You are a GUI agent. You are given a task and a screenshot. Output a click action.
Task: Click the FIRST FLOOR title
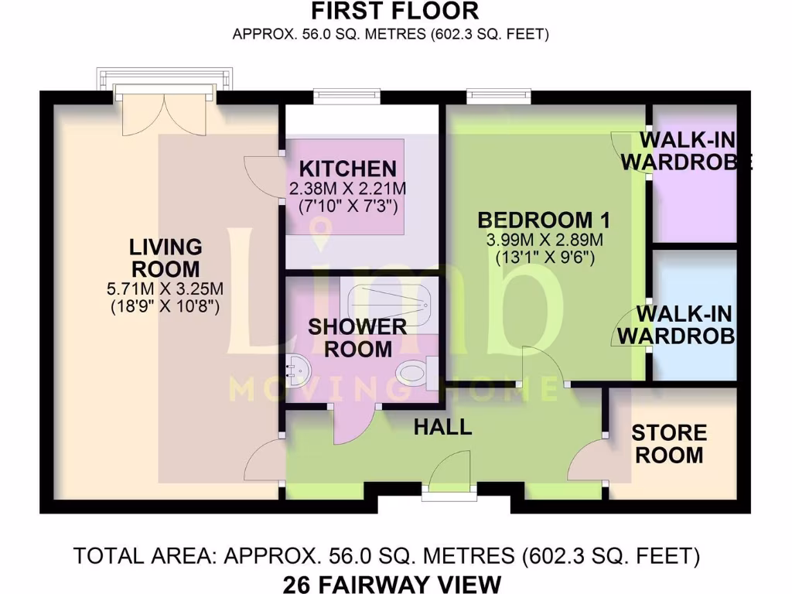tap(394, 12)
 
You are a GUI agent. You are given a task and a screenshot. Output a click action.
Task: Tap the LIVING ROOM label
tap(166, 258)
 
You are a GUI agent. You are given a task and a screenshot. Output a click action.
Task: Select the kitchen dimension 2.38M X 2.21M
tap(347, 189)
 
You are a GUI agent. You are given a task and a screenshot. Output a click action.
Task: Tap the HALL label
tap(442, 426)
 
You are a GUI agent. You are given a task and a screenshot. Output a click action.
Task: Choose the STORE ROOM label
tap(670, 444)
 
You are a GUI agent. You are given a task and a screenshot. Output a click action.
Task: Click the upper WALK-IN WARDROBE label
tap(688, 152)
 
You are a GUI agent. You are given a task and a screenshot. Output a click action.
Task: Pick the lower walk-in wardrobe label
tap(684, 325)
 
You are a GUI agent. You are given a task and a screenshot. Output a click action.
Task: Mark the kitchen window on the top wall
tap(347, 97)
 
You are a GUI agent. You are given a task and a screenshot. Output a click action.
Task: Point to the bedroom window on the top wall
tap(499, 97)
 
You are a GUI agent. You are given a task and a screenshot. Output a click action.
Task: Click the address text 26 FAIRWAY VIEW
tap(395, 582)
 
